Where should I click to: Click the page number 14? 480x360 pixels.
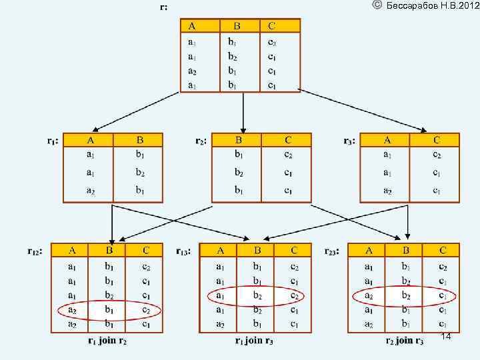click(446, 338)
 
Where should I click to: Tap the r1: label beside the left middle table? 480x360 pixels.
click(53, 141)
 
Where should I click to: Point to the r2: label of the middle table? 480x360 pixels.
click(201, 141)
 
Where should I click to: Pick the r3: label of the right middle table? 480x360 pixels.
click(349, 141)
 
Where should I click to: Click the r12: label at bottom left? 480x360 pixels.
click(37, 251)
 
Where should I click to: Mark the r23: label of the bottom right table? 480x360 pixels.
click(332, 251)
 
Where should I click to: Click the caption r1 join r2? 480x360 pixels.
click(108, 341)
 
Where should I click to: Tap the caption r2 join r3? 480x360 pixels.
click(404, 341)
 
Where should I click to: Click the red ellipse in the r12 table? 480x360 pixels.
click(109, 311)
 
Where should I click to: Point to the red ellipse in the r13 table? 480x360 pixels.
click(257, 296)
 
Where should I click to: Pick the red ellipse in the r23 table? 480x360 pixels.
click(404, 296)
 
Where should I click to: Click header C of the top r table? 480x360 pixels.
click(272, 26)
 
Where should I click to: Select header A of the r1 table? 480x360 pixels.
click(90, 140)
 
